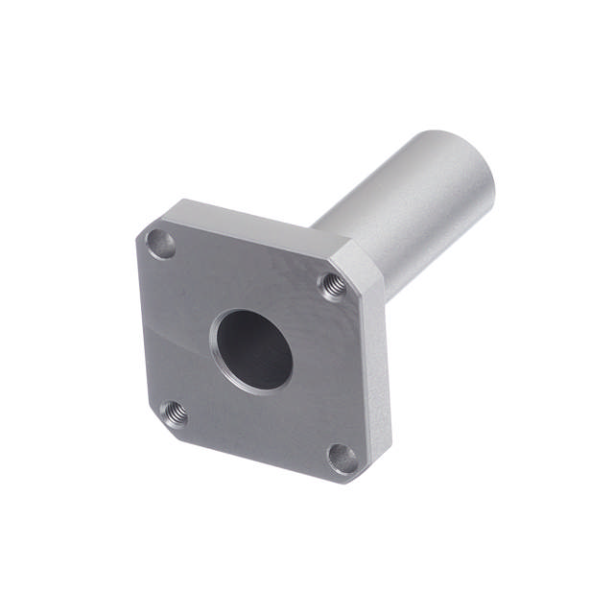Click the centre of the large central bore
click(252, 348)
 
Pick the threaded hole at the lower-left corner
click(173, 413)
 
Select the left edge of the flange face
click(142, 326)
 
